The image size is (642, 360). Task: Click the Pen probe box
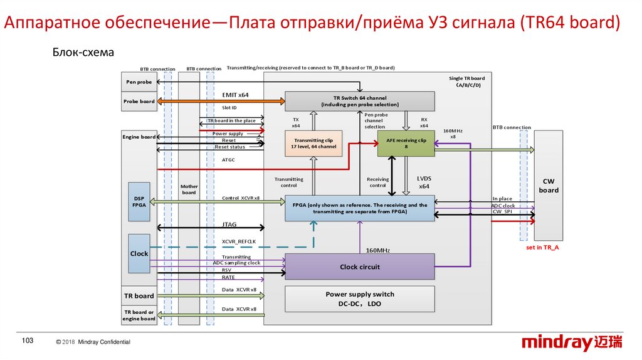139,82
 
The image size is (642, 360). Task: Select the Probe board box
139,102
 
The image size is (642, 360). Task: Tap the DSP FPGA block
139,201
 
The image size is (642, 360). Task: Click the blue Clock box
139,253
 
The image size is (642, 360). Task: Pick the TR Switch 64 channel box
359,101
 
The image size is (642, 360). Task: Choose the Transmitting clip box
313,143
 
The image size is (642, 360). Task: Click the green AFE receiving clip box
406,144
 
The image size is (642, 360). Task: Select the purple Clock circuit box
359,267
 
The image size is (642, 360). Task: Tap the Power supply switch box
359,299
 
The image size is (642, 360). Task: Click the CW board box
549,186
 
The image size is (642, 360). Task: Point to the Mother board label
189,189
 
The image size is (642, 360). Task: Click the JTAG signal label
229,224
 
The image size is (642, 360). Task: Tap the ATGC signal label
228,160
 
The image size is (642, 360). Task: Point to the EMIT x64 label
235,95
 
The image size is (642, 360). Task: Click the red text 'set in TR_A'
542,248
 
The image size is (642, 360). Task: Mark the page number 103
27,341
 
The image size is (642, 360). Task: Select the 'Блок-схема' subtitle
83,53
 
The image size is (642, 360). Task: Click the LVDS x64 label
424,182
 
